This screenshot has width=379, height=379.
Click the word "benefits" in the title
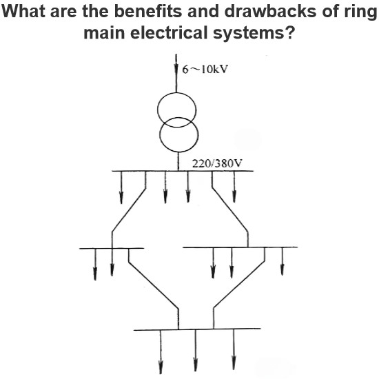pos(144,11)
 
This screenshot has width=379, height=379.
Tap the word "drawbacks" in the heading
pos(270,11)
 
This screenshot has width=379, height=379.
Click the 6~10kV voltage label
pos(205,70)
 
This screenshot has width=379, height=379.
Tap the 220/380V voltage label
pos(217,163)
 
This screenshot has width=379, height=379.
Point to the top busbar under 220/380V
pos(183,171)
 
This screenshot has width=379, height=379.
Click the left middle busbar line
pos(112,248)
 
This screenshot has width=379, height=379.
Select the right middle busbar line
pos(240,247)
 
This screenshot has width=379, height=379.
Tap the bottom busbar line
pos(197,329)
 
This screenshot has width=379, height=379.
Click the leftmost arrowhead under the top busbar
pos(121,198)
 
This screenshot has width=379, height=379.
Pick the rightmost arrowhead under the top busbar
pos(234,196)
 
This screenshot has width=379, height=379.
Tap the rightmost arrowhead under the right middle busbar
pos(282,269)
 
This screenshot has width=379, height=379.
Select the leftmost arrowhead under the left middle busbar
pos(95,274)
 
